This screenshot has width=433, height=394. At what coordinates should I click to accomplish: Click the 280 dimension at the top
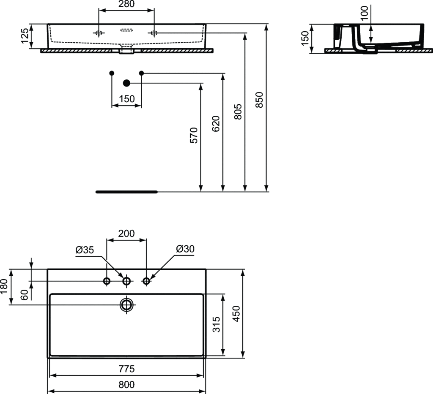[126, 4]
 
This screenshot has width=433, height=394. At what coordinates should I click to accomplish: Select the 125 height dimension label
[25, 36]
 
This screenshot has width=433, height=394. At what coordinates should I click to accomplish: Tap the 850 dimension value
[259, 100]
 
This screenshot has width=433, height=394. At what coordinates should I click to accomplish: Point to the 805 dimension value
[238, 111]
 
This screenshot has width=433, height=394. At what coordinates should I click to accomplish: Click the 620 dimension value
[216, 124]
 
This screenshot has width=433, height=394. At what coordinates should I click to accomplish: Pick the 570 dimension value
[194, 136]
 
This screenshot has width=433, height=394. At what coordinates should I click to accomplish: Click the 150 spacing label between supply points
[127, 99]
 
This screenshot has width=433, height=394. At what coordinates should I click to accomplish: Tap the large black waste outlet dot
[126, 83]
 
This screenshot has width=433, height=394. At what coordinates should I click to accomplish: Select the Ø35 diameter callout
[85, 250]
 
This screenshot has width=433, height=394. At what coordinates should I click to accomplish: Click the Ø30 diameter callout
[185, 249]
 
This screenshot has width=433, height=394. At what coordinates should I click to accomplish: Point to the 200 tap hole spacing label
[126, 234]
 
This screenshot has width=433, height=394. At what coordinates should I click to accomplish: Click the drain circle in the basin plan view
[126, 304]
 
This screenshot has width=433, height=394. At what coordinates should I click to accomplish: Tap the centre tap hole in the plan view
[126, 281]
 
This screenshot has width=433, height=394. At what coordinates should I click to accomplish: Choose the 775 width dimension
[126, 369]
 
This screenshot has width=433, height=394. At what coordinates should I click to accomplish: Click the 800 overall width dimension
[126, 385]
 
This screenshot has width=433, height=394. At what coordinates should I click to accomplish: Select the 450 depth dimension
[237, 314]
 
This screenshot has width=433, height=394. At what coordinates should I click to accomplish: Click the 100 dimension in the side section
[364, 13]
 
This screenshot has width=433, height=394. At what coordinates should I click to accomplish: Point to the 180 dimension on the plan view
[4, 286]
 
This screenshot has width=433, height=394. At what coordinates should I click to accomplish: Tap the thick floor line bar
[126, 192]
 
